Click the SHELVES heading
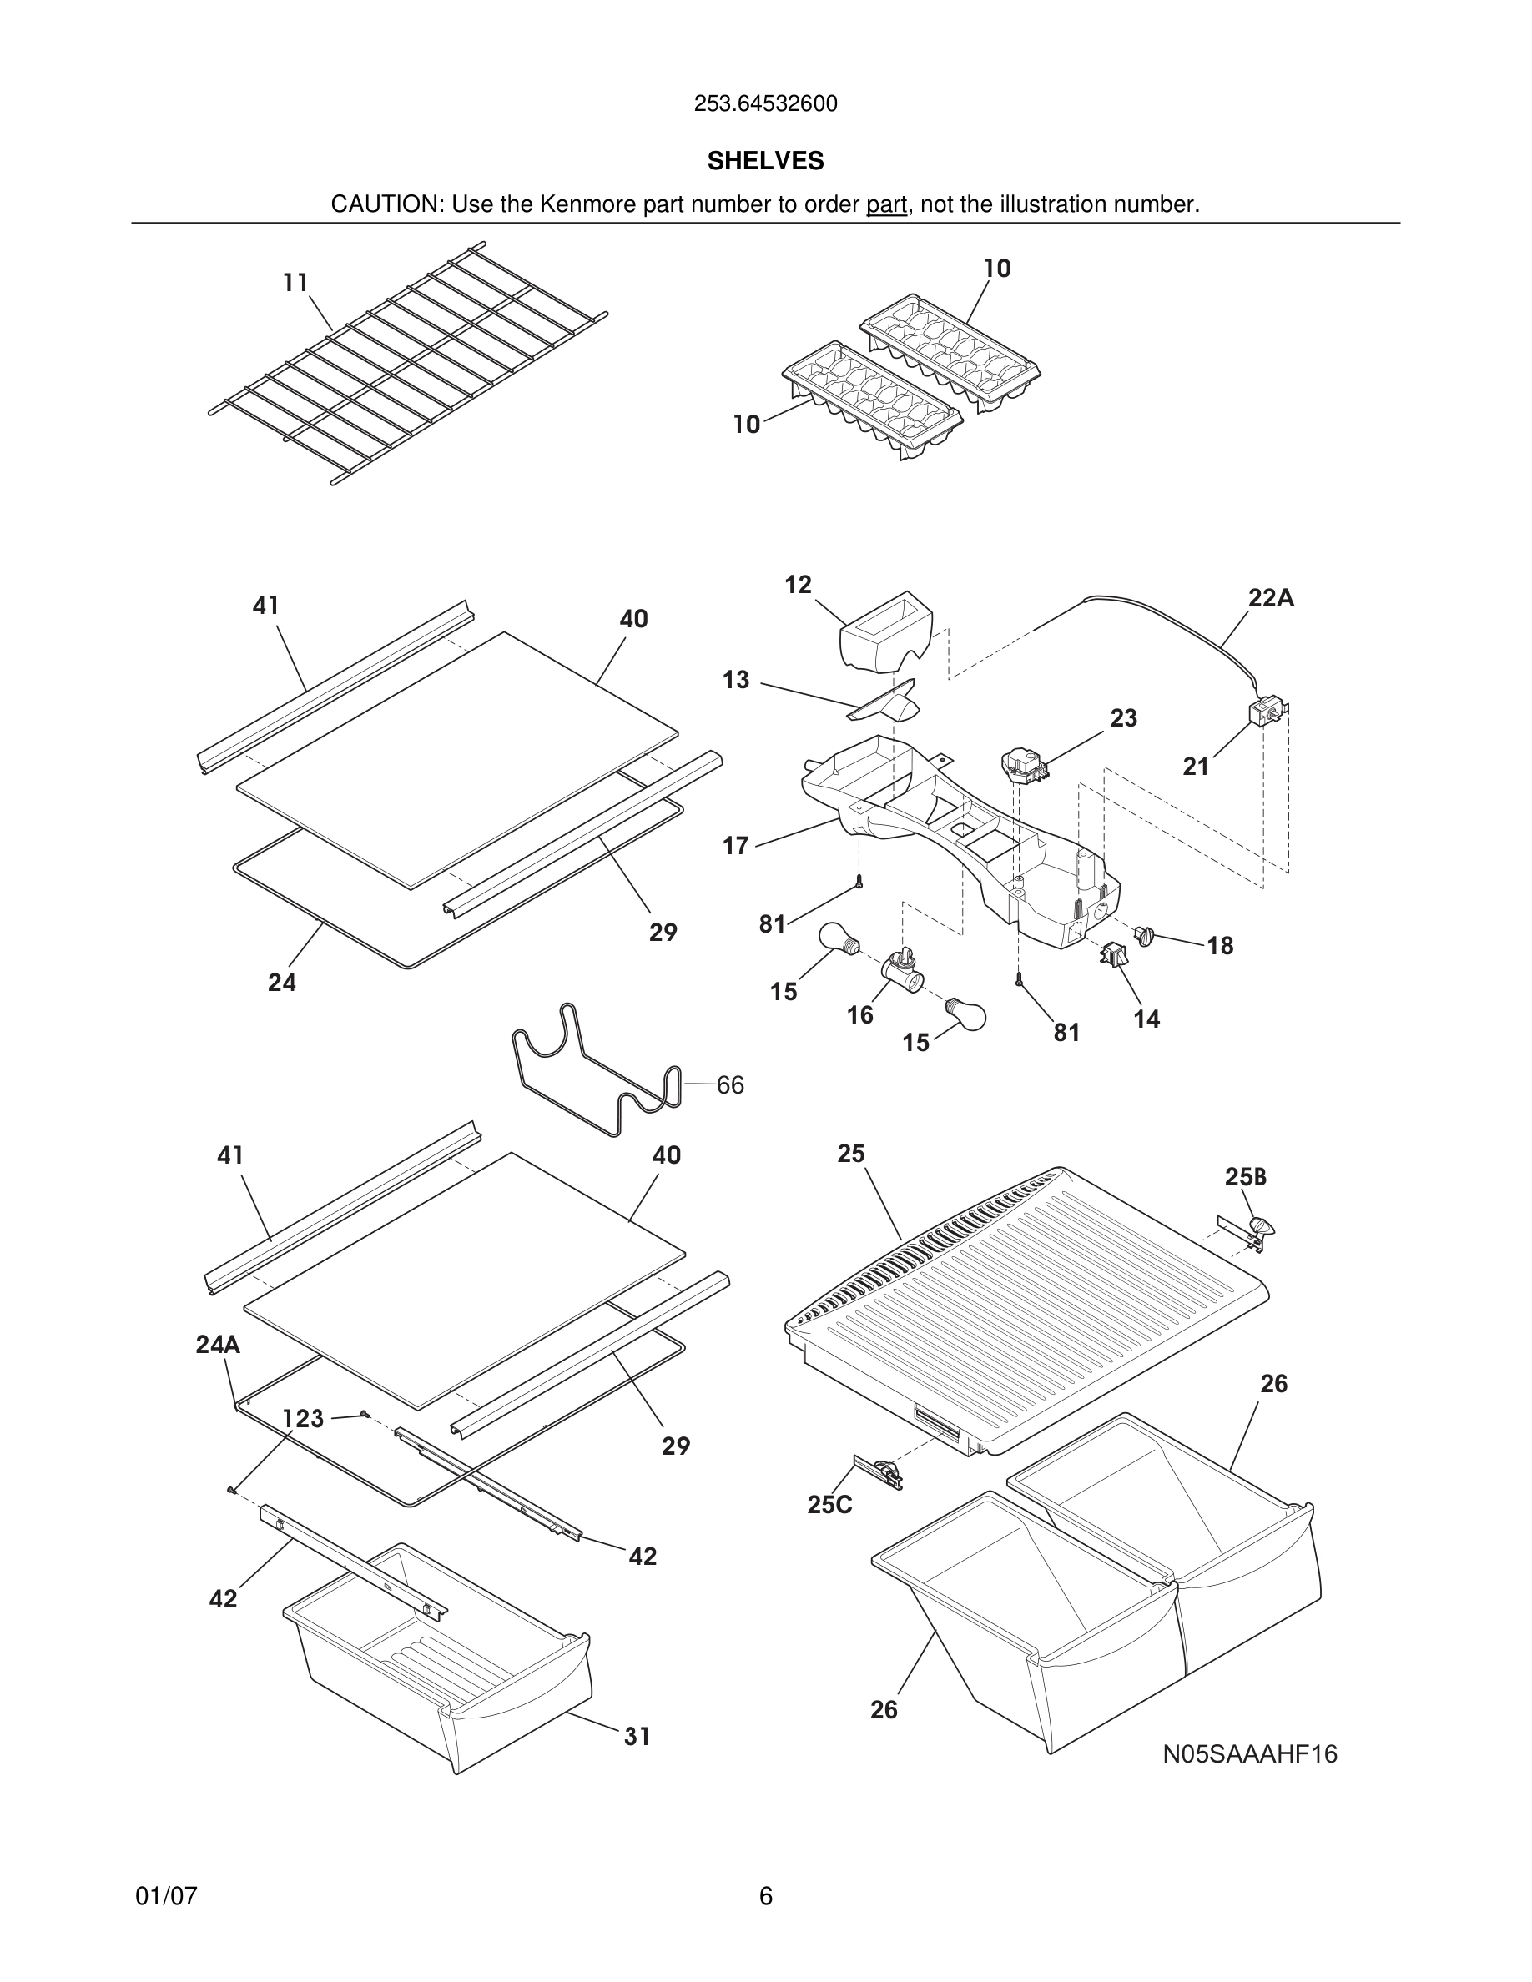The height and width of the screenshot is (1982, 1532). (x=765, y=161)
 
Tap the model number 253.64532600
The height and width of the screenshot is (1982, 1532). (x=765, y=104)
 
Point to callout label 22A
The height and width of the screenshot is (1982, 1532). (x=1271, y=598)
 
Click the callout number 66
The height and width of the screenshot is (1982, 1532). (x=729, y=1084)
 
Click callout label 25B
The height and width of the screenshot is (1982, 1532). (x=1245, y=1177)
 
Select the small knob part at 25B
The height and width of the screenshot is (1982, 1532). (x=1260, y=1227)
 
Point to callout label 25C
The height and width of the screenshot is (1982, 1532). (x=829, y=1505)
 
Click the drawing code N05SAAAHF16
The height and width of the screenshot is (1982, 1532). (x=1250, y=1754)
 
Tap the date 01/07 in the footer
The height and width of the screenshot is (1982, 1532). (x=166, y=1896)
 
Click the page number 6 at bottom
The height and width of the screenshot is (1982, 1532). (x=765, y=1896)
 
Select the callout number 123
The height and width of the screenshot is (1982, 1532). (x=303, y=1418)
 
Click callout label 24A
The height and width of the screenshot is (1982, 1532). (x=218, y=1344)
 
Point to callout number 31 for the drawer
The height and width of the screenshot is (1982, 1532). (x=637, y=1736)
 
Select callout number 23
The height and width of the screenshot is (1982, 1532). (x=1124, y=718)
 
